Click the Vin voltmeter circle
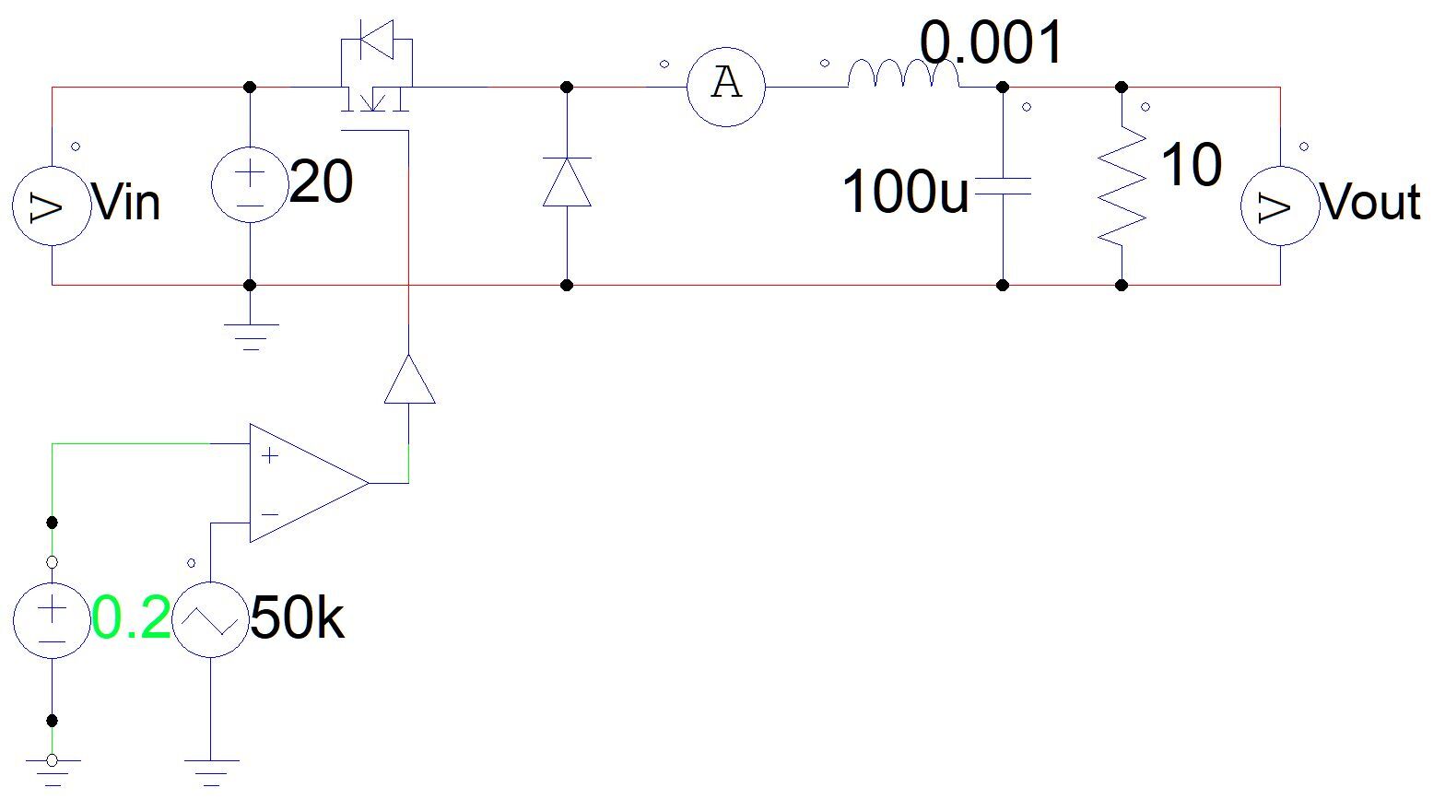(x=52, y=206)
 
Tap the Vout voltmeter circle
(x=1280, y=206)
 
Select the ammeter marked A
(x=726, y=87)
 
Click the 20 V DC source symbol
(x=250, y=184)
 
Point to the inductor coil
(x=903, y=74)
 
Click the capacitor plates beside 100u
(x=1003, y=186)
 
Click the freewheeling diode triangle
(x=567, y=182)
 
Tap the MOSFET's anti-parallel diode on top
(x=377, y=40)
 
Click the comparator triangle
(x=309, y=483)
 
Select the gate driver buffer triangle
(x=409, y=380)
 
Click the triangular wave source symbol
(x=210, y=620)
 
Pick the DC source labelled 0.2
(x=52, y=620)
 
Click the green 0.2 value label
(x=131, y=617)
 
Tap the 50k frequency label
(x=298, y=617)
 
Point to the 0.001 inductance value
(x=991, y=42)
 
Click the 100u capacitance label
(x=905, y=191)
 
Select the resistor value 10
(x=1192, y=164)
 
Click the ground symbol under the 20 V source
(x=251, y=336)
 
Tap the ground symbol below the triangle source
(x=211, y=773)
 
